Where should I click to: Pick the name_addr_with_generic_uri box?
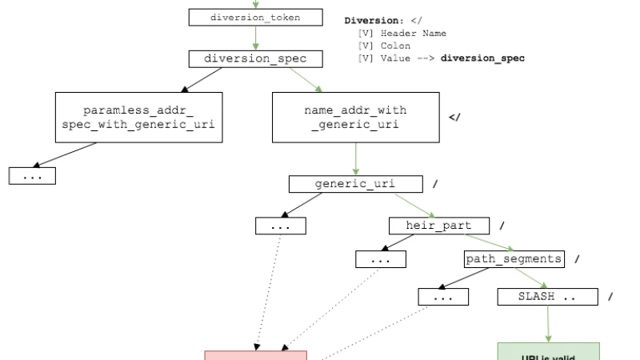pos(355,117)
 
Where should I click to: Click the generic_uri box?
pos(355,185)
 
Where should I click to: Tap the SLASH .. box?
pos(548,297)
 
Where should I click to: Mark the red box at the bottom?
pos(255,354)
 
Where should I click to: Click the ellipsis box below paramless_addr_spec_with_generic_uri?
pos(32,177)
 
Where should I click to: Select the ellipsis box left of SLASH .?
pos(442,297)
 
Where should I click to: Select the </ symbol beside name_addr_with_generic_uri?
pos(455,118)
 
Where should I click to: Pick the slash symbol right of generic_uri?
pos(435,185)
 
